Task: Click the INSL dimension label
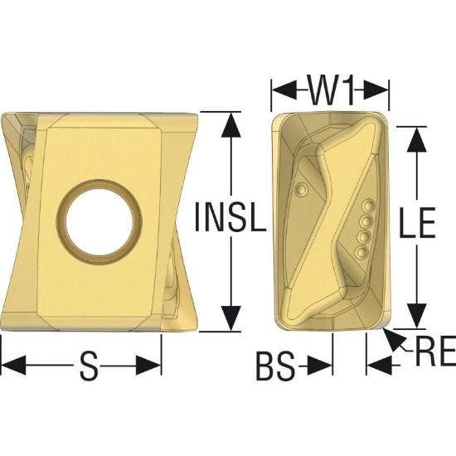(x=230, y=217)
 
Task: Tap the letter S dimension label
(x=89, y=366)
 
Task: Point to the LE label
(x=418, y=222)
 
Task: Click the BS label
(x=275, y=366)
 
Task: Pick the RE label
(x=435, y=351)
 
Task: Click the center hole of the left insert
(x=99, y=218)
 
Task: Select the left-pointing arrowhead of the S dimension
(x=13, y=365)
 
